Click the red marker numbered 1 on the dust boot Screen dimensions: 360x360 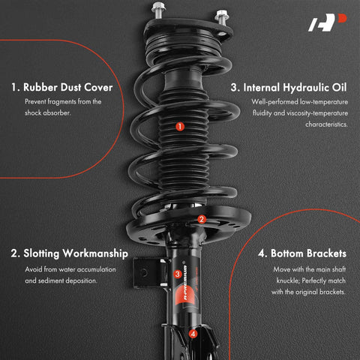click(x=179, y=127)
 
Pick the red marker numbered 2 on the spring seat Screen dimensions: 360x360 click(x=201, y=220)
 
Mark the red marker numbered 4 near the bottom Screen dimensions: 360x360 click(x=193, y=334)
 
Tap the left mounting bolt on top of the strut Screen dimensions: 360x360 click(x=158, y=10)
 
